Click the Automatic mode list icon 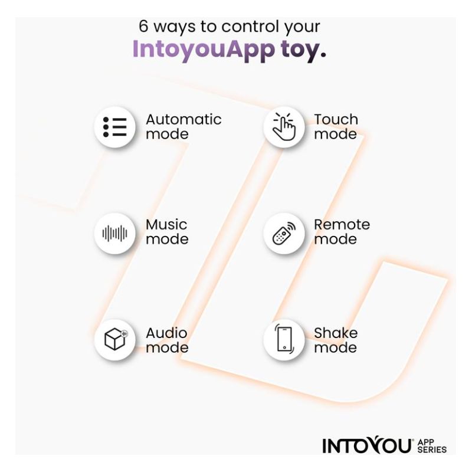coord(114,127)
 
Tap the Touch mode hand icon coord(284,127)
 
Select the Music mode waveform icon coord(114,233)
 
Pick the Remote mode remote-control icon coord(284,233)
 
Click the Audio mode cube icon coord(116,339)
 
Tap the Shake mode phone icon coord(284,339)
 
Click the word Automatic coord(183,120)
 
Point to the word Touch coord(336,120)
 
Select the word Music coord(166,225)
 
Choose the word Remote coord(342,225)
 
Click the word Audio coord(166,333)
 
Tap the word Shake coord(336,333)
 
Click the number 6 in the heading coord(143,26)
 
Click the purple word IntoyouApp coord(204,49)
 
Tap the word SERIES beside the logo coord(432,450)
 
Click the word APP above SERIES coord(425,442)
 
